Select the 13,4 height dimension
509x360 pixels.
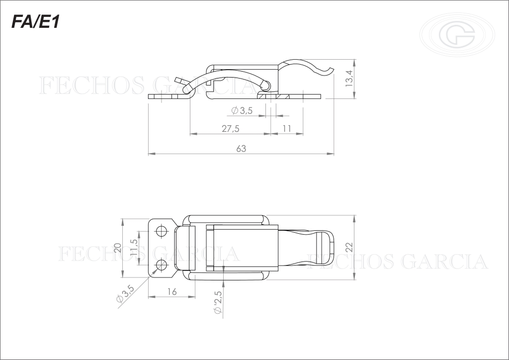click(349, 79)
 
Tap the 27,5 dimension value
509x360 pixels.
click(230, 128)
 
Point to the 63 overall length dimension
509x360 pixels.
click(241, 148)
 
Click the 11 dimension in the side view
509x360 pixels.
click(287, 128)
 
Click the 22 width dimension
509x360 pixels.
click(349, 247)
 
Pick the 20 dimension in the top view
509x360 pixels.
click(118, 248)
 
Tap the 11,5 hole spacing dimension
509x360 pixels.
click(134, 248)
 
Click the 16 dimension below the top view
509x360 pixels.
click(171, 291)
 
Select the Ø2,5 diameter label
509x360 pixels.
click(217, 302)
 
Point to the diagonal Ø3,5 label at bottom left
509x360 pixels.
click(125, 294)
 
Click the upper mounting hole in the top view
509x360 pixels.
click(161, 231)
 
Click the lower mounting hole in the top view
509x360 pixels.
click(161, 266)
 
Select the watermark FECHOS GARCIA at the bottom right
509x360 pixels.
click(398, 261)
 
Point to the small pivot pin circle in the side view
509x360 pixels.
click(267, 85)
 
